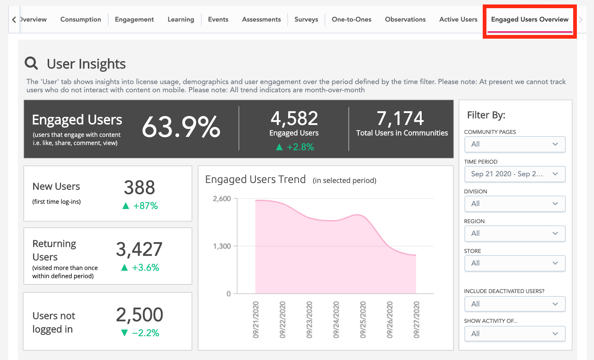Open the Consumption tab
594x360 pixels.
point(80,19)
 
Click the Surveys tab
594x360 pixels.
point(306,19)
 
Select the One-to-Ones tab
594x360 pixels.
point(351,19)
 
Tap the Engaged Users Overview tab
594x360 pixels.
point(529,19)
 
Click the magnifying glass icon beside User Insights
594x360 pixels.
point(31,63)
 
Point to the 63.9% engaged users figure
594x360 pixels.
point(181,127)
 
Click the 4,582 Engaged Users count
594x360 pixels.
point(294,119)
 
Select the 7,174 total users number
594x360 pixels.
point(400,119)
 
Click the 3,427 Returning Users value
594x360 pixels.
point(139,249)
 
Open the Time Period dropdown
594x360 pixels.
point(515,174)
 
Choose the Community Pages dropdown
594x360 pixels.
point(515,144)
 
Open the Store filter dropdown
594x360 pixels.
point(515,263)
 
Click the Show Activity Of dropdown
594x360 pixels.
point(515,334)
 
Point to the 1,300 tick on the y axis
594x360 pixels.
point(222,246)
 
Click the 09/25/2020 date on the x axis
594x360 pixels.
point(363,320)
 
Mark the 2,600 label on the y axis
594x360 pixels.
point(222,199)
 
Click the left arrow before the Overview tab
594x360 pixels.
point(14,19)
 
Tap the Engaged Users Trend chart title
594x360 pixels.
point(255,180)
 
